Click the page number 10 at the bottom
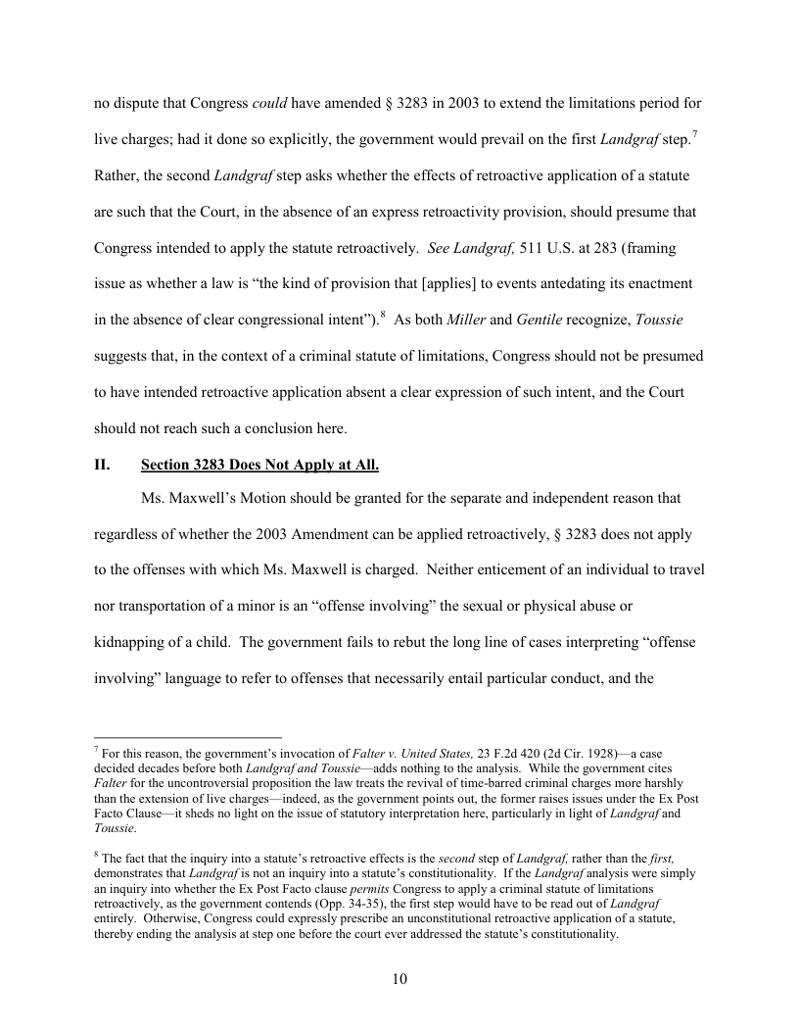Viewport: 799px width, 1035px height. (399, 978)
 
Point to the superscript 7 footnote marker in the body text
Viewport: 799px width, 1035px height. (694, 134)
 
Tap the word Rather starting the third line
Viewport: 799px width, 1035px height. (117, 175)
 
